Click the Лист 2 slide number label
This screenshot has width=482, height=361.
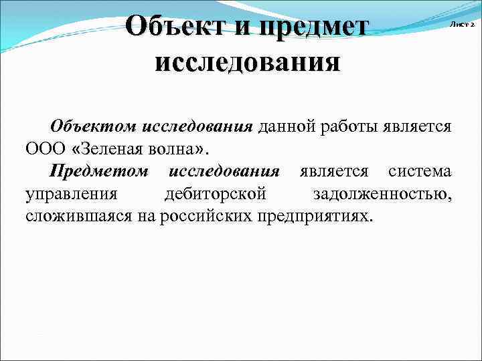click(x=461, y=24)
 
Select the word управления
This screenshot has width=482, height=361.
click(x=72, y=194)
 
